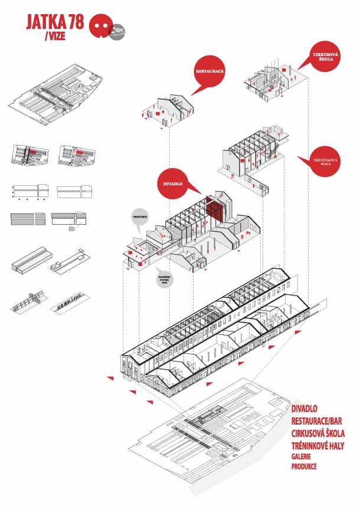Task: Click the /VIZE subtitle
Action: pos(55,38)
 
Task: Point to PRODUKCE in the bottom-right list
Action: pos(305,466)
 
